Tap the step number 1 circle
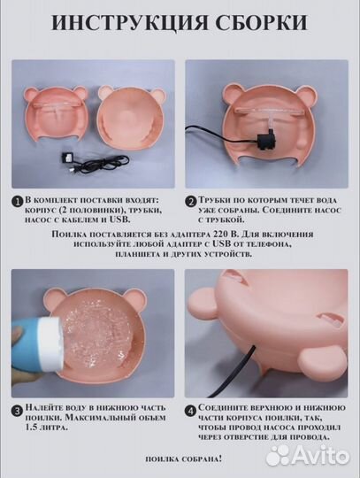pyautogui.click(x=19, y=202)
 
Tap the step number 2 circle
pyautogui.click(x=191, y=202)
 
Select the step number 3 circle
pyautogui.click(x=19, y=411)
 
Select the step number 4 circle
pyautogui.click(x=191, y=411)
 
